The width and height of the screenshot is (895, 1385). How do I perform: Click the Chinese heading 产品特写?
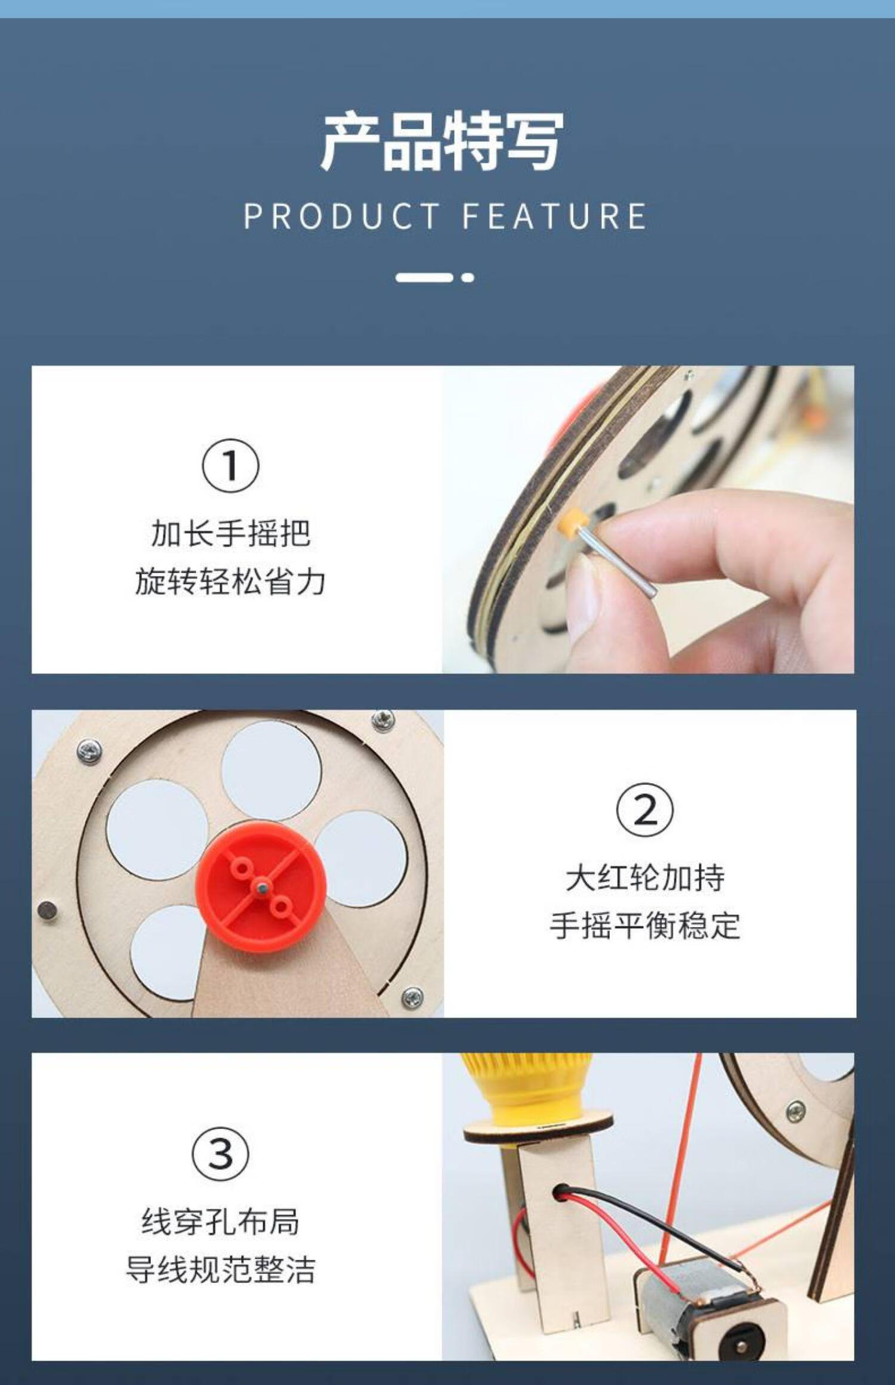[442, 141]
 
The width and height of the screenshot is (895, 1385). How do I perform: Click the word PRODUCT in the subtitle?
[342, 216]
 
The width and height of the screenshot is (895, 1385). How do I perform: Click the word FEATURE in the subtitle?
[554, 216]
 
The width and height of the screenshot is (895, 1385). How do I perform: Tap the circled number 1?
[230, 466]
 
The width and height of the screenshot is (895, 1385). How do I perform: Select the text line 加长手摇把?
[230, 533]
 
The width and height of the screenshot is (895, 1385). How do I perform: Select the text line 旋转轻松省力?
[230, 582]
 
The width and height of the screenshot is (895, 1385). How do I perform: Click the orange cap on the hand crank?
[572, 521]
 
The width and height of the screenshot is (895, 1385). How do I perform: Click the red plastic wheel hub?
[261, 886]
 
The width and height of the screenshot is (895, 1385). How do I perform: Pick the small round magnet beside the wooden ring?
[48, 909]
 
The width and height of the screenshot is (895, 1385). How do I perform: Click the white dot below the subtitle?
[468, 277]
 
